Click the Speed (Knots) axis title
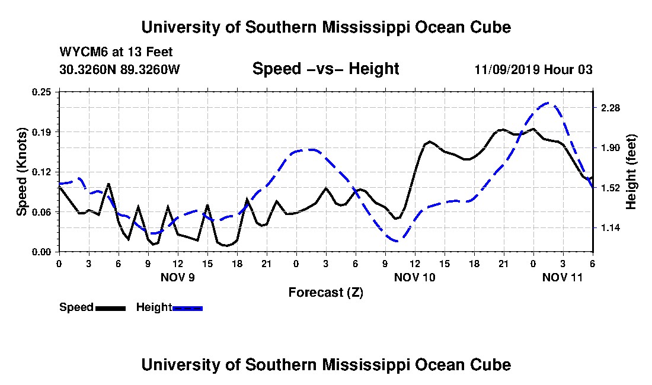click(x=21, y=172)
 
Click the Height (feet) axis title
click(x=631, y=172)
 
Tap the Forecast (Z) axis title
click(x=326, y=293)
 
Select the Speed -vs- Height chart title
click(x=325, y=69)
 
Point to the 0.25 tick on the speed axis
click(x=41, y=92)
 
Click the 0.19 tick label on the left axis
click(x=41, y=132)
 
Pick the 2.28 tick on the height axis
click(x=611, y=108)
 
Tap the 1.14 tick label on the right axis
click(x=611, y=228)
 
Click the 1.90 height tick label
click(x=611, y=148)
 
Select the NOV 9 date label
click(x=178, y=277)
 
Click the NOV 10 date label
click(x=414, y=277)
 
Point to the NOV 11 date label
click(x=562, y=277)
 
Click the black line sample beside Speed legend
click(x=111, y=308)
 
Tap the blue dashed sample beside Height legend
click(x=187, y=308)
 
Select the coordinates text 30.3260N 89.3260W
click(x=120, y=69)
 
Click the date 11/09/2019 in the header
click(x=507, y=69)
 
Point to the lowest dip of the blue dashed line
click(x=397, y=241)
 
